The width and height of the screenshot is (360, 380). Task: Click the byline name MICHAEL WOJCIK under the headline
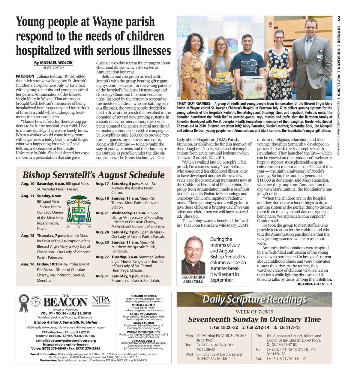pyautogui.click(x=56, y=63)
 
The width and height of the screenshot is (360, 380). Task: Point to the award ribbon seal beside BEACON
pyautogui.click(x=24, y=303)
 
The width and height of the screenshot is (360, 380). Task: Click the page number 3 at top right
pyautogui.click(x=339, y=19)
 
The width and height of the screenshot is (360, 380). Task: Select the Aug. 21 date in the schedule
pyautogui.click(x=102, y=213)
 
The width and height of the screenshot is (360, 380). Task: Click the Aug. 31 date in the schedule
pyautogui.click(x=102, y=276)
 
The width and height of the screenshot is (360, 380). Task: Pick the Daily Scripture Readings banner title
pyautogui.click(x=254, y=299)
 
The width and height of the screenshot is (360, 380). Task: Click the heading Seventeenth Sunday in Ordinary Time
pyautogui.click(x=254, y=319)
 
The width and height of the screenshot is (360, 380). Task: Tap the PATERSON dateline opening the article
pyautogui.click(x=25, y=76)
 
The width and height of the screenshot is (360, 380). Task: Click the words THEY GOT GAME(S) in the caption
pyautogui.click(x=194, y=104)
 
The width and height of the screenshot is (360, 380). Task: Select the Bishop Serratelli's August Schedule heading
pyautogui.click(x=94, y=175)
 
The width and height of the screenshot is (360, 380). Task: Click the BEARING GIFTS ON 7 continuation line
pyautogui.click(x=315, y=284)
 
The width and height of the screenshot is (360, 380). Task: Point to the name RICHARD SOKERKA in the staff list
pyautogui.click(x=143, y=296)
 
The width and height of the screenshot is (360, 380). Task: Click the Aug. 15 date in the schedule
pyautogui.click(x=28, y=236)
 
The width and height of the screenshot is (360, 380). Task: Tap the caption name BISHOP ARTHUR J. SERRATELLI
pyautogui.click(x=193, y=279)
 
